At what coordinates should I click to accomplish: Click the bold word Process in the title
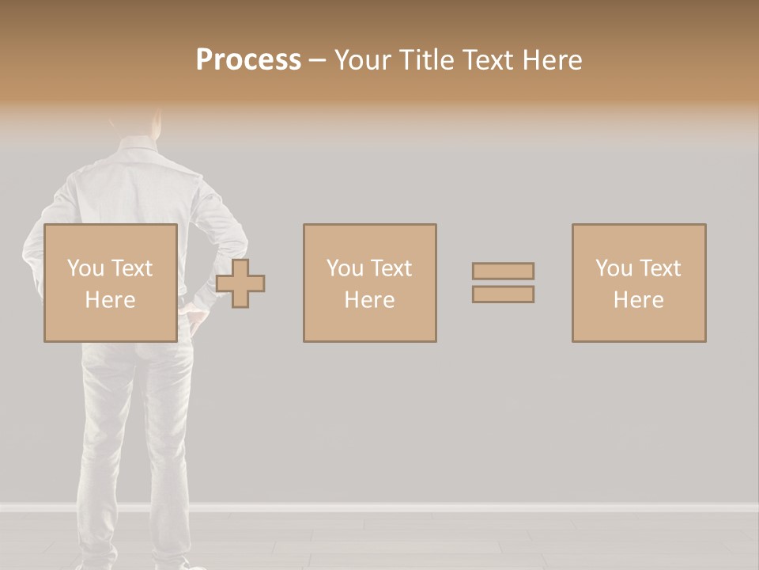point(248,59)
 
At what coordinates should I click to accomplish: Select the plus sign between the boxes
point(240,283)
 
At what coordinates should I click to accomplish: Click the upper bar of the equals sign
point(503,271)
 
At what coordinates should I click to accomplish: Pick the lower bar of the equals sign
point(503,294)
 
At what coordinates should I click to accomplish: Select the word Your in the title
point(361,59)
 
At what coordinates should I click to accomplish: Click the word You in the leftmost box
point(85,268)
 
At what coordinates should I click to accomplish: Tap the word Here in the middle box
point(369,300)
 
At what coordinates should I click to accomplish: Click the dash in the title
point(318,59)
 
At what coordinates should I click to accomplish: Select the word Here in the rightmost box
point(639,300)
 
